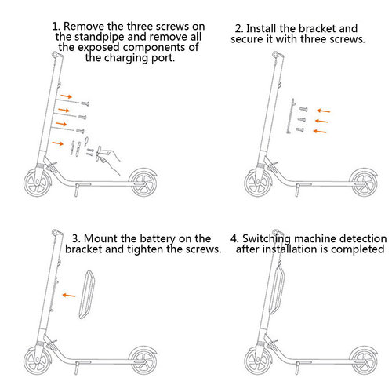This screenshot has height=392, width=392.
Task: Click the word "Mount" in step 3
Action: [100, 238]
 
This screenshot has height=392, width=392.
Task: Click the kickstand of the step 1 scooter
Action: [78, 192]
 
